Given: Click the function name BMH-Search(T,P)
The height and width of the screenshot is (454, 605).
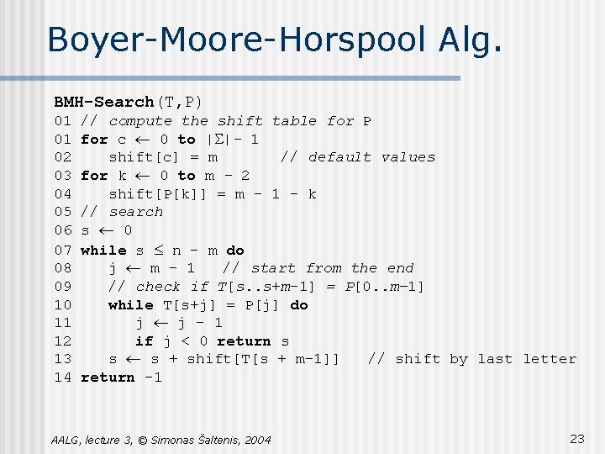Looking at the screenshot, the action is click(x=128, y=102).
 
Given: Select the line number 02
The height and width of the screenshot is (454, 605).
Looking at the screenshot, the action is click(x=63, y=157).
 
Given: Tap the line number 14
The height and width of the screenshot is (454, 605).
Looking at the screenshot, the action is click(x=63, y=377).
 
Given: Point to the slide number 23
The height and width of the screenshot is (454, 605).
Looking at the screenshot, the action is click(x=576, y=438).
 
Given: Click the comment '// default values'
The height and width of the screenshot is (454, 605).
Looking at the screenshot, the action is click(x=358, y=157).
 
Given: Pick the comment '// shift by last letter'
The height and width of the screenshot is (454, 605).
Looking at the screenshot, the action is click(x=472, y=359).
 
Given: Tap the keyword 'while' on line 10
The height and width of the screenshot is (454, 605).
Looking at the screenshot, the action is click(x=131, y=304).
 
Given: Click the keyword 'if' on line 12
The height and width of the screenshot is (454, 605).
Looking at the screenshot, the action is click(x=145, y=341).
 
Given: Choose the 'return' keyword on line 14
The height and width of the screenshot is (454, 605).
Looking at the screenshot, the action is click(x=108, y=377).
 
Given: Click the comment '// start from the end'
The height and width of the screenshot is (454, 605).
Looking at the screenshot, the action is click(x=318, y=268).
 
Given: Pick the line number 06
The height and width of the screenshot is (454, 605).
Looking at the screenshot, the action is click(x=63, y=230).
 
